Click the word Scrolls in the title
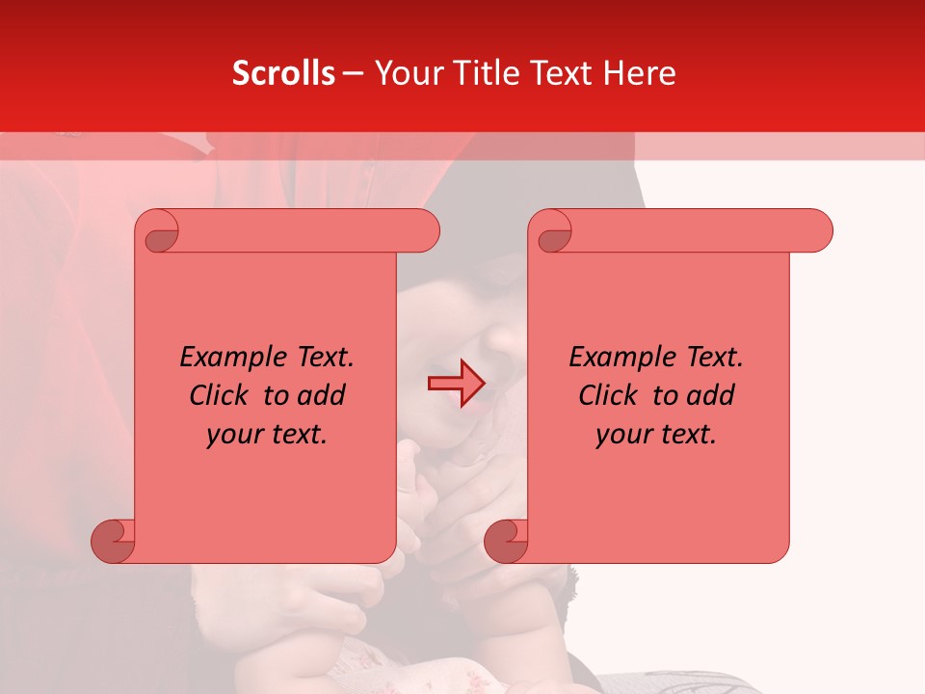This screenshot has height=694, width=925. pyautogui.click(x=283, y=73)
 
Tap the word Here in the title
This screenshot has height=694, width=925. pyautogui.click(x=639, y=73)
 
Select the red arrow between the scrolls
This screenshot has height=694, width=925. pyautogui.click(x=456, y=384)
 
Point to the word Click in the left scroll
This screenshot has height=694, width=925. pyautogui.click(x=223, y=395)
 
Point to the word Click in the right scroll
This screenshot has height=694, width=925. pyautogui.click(x=612, y=395)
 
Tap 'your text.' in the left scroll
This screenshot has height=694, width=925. pyautogui.click(x=267, y=435)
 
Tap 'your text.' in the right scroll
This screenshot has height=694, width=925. pyautogui.click(x=656, y=435)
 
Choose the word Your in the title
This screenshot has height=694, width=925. pyautogui.click(x=406, y=73)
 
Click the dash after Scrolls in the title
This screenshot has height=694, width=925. pyautogui.click(x=353, y=73)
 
